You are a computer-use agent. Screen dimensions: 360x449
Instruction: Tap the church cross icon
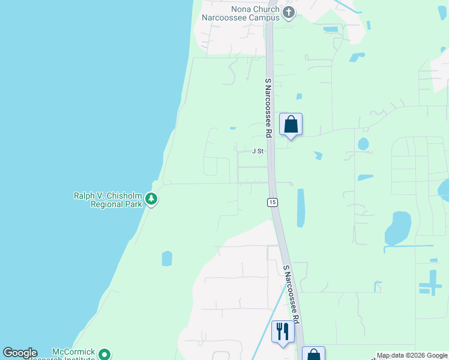click(x=288, y=12)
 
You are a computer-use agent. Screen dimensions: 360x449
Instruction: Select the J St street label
click(x=258, y=151)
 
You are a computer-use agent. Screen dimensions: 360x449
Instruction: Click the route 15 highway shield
click(x=273, y=202)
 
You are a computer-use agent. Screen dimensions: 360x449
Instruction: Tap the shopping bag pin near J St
click(x=291, y=125)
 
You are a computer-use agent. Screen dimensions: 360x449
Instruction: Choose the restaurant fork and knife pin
click(x=283, y=332)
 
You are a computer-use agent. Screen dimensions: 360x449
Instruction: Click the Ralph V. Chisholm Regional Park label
click(x=108, y=200)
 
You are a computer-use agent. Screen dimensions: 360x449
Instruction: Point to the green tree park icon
click(x=152, y=199)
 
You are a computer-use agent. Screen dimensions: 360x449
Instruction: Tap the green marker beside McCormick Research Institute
click(x=105, y=355)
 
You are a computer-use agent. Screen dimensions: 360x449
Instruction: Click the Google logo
click(x=20, y=353)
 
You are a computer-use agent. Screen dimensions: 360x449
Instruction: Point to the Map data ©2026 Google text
click(x=412, y=355)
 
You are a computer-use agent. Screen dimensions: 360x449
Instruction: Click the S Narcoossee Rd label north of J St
click(x=268, y=107)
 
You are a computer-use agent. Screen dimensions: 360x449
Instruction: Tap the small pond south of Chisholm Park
click(x=167, y=259)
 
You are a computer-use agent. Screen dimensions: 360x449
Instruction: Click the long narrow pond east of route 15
click(x=301, y=208)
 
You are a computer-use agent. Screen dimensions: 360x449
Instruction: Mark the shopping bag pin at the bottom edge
click(x=313, y=355)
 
